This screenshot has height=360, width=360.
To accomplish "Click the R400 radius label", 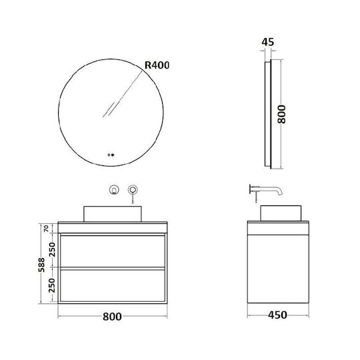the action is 157,65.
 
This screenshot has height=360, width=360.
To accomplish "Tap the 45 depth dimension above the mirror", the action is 268,42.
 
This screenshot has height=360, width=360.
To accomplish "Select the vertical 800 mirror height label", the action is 281,114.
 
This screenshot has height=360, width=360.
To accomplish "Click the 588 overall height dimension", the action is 41,265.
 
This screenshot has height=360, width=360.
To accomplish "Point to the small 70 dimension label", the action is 46,229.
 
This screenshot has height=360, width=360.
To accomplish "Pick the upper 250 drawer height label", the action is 52,249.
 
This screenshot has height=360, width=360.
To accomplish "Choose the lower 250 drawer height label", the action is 52,285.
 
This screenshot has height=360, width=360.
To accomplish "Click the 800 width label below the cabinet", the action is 112,317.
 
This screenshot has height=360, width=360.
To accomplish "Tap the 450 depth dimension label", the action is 277,315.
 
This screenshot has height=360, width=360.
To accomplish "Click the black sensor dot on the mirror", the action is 113,155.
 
